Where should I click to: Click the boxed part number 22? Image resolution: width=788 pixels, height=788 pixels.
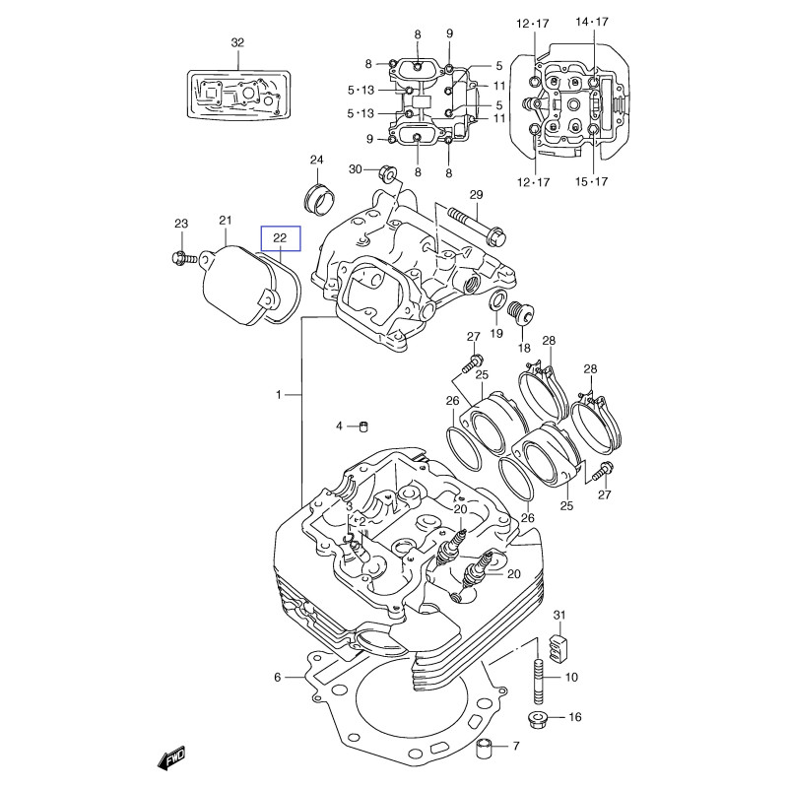pos(280,238)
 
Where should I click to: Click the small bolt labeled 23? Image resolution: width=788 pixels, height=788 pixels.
pos(179,258)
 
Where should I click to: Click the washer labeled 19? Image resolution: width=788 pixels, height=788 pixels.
pos(498,300)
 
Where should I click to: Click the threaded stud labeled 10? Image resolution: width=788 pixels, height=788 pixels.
pos(540,678)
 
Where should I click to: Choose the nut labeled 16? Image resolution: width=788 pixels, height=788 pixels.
pos(539,718)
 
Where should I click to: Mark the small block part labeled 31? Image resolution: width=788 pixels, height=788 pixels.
pos(559,649)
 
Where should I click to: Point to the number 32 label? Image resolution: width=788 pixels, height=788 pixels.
pos(236,42)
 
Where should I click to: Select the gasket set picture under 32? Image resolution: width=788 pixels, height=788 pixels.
pos(237,95)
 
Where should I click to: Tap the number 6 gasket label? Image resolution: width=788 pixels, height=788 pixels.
pos(278,678)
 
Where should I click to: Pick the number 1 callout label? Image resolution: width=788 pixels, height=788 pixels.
pos(279,395)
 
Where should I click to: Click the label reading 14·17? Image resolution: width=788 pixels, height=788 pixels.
pos(592,22)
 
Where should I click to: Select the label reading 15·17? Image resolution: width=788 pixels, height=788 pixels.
pos(592,181)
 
